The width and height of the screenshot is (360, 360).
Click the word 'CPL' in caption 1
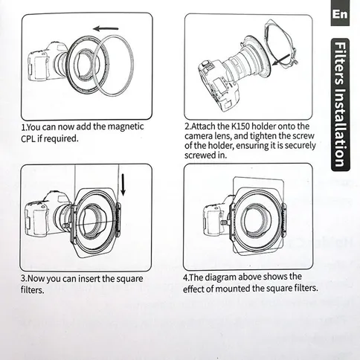pos(32,138)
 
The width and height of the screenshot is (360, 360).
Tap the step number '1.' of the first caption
pos(24,126)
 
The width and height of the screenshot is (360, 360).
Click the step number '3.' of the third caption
pos(24,279)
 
